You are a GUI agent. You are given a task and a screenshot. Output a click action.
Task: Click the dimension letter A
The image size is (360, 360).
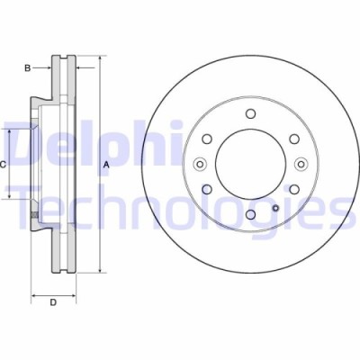tap(106, 164)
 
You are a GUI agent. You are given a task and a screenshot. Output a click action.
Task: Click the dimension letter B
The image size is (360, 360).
tap(28, 67)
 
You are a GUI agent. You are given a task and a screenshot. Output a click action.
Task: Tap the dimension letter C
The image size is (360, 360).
tap(4, 164)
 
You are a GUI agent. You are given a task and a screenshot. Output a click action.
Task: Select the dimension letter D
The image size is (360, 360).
tap(53, 301)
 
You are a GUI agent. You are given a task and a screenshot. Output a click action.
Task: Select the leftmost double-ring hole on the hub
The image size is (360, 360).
tap(199, 164)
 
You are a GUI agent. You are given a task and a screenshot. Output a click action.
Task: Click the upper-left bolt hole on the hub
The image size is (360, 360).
tap(206, 139)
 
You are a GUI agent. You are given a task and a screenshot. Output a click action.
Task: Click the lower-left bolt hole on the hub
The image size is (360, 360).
tap(206, 189)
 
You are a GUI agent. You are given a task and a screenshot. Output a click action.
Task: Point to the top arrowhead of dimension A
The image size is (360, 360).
tap(97, 58)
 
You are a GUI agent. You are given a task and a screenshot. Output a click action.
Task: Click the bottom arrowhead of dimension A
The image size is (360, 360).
tap(97, 273)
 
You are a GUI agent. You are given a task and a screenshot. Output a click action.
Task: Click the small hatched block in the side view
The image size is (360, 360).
tap(33, 216)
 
